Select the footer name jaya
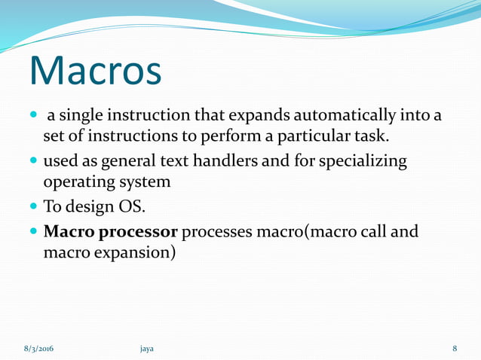coord(147,349)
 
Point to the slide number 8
coord(455,349)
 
